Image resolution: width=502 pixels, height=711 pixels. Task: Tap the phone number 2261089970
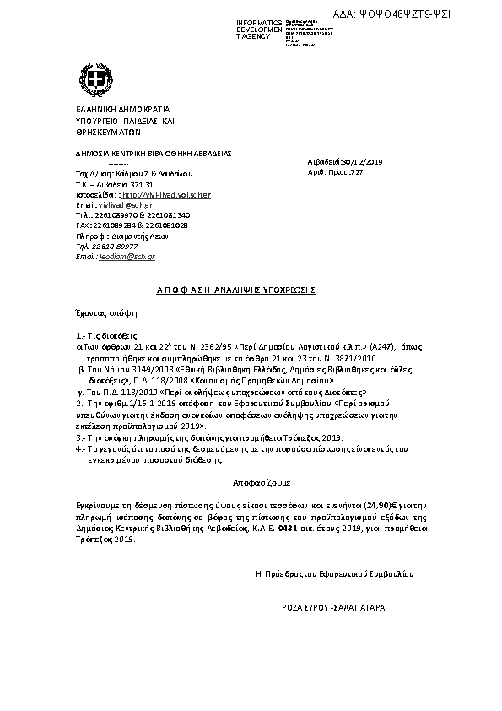[x=112, y=215]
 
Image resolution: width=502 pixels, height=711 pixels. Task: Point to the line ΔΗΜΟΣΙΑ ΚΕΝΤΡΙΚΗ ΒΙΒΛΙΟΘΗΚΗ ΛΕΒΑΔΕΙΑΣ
[x=154, y=154]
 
